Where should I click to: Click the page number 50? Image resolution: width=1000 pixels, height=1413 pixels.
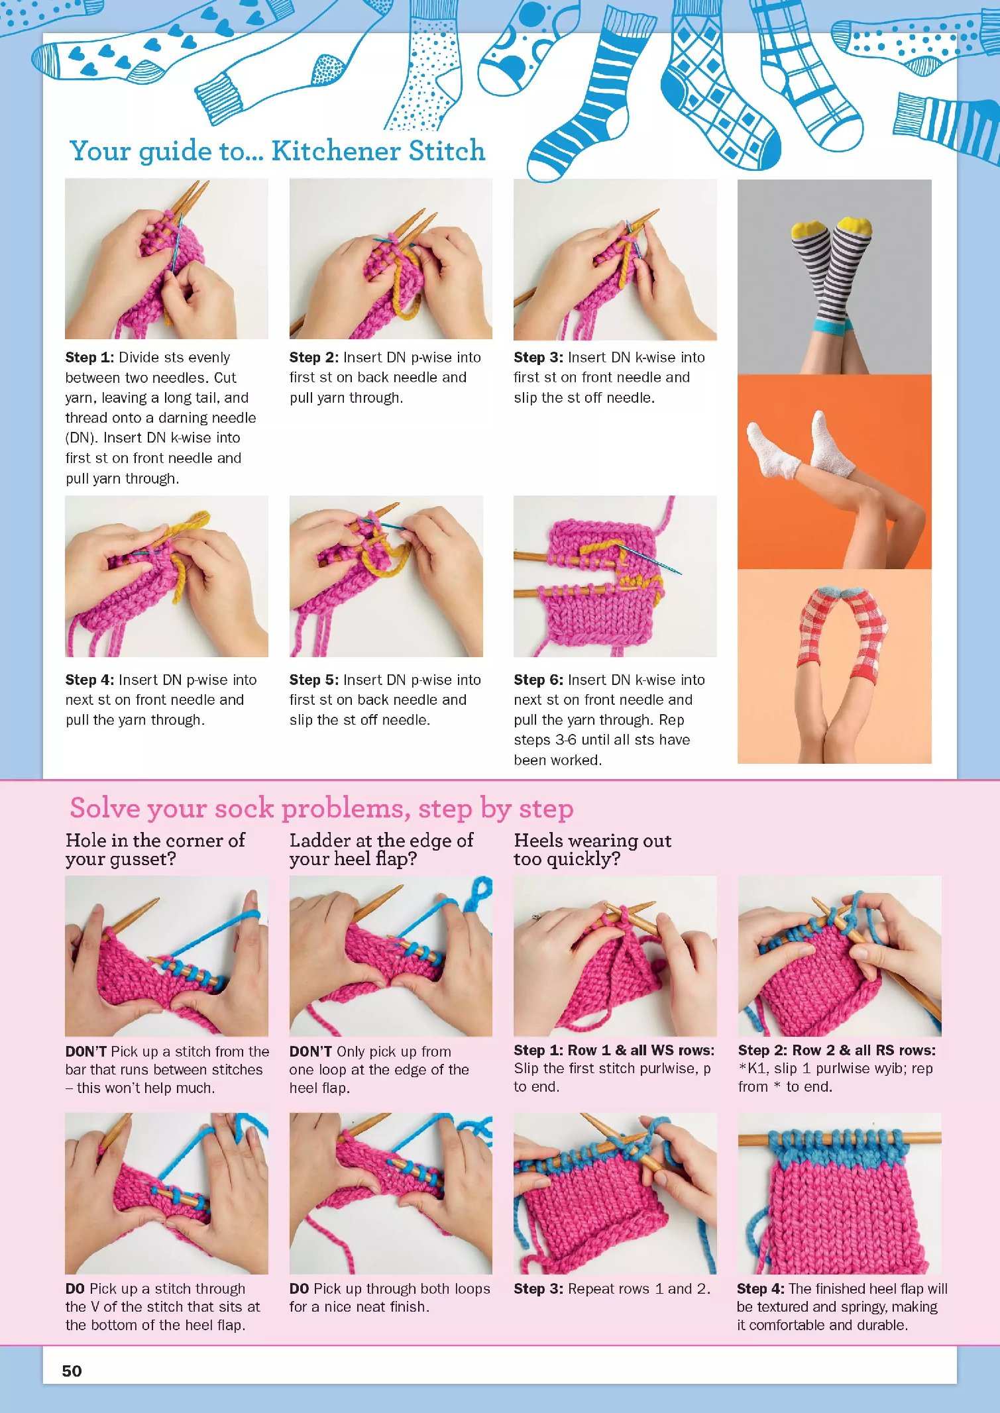pyautogui.click(x=72, y=1371)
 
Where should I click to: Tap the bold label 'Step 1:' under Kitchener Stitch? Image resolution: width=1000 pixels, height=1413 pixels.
pyautogui.click(x=89, y=358)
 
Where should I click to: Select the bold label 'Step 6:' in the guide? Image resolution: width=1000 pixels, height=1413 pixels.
pyautogui.click(x=538, y=680)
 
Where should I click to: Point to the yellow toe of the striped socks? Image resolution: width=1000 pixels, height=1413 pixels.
pyautogui.click(x=832, y=227)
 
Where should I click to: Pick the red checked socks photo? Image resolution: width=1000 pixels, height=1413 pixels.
pyautogui.click(x=834, y=666)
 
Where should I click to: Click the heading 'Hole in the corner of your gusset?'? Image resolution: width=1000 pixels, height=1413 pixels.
pyautogui.click(x=155, y=849)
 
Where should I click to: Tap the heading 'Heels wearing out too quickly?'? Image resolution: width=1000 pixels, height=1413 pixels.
pyautogui.click(x=592, y=849)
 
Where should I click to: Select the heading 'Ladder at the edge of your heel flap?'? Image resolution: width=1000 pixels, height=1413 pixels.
pyautogui.click(x=381, y=849)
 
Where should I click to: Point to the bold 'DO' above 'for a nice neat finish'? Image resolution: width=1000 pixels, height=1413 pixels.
pyautogui.click(x=299, y=1288)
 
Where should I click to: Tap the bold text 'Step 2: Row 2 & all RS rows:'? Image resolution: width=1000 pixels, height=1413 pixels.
pyautogui.click(x=836, y=1050)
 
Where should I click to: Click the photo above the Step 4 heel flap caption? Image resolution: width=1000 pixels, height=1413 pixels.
pyautogui.click(x=839, y=1193)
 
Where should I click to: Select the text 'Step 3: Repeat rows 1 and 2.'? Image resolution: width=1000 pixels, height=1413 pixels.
pyautogui.click(x=612, y=1288)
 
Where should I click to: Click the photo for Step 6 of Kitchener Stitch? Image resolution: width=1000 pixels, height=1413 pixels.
pyautogui.click(x=615, y=576)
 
